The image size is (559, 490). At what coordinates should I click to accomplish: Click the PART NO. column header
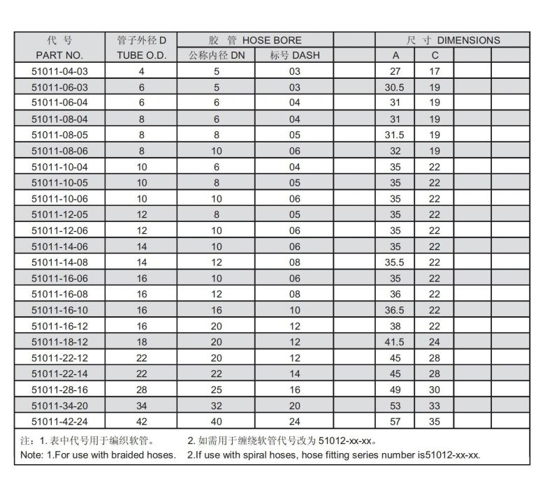click(59, 55)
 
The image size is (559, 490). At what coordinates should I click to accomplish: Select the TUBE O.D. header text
click(142, 55)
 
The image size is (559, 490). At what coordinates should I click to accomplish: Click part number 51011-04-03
click(59, 71)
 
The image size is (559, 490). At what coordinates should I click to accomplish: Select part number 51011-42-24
click(59, 421)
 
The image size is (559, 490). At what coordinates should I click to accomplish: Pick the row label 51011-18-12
click(59, 342)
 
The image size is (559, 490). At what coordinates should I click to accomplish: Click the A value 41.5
click(395, 342)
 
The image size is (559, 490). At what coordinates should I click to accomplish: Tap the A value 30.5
click(395, 87)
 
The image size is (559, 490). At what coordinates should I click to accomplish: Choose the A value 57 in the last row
click(395, 421)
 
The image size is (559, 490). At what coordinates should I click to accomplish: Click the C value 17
click(435, 71)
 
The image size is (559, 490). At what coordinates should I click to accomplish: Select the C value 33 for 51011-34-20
click(435, 406)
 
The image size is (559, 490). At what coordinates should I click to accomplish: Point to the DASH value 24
click(294, 421)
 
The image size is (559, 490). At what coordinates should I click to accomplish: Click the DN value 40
click(217, 421)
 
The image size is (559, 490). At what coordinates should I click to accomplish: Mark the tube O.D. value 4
click(142, 71)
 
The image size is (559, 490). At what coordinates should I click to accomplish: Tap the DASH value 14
click(294, 373)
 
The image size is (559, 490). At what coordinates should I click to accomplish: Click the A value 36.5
click(395, 310)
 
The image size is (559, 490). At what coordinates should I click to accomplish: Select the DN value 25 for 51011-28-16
click(217, 389)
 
